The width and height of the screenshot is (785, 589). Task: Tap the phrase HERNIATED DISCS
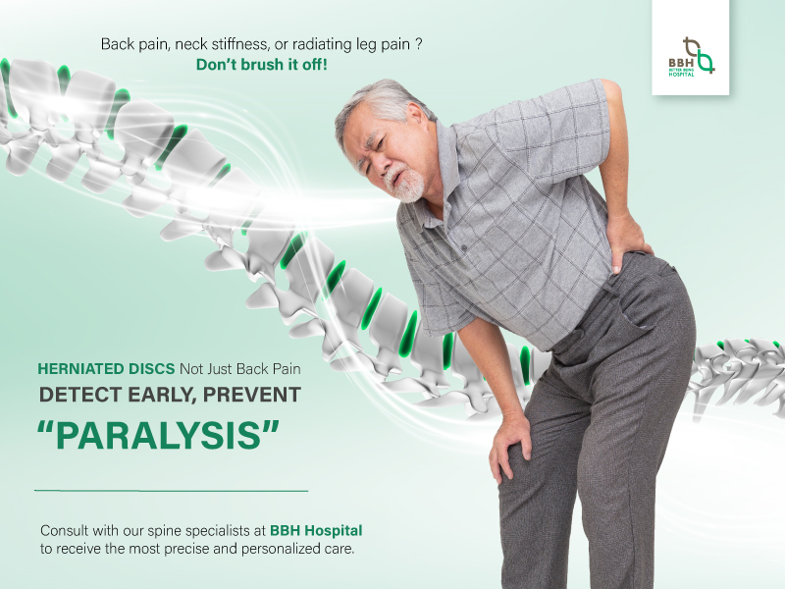click(106, 369)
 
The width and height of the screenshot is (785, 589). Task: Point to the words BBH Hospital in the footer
click(321, 530)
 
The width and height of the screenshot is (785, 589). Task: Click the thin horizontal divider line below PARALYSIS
click(171, 489)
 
